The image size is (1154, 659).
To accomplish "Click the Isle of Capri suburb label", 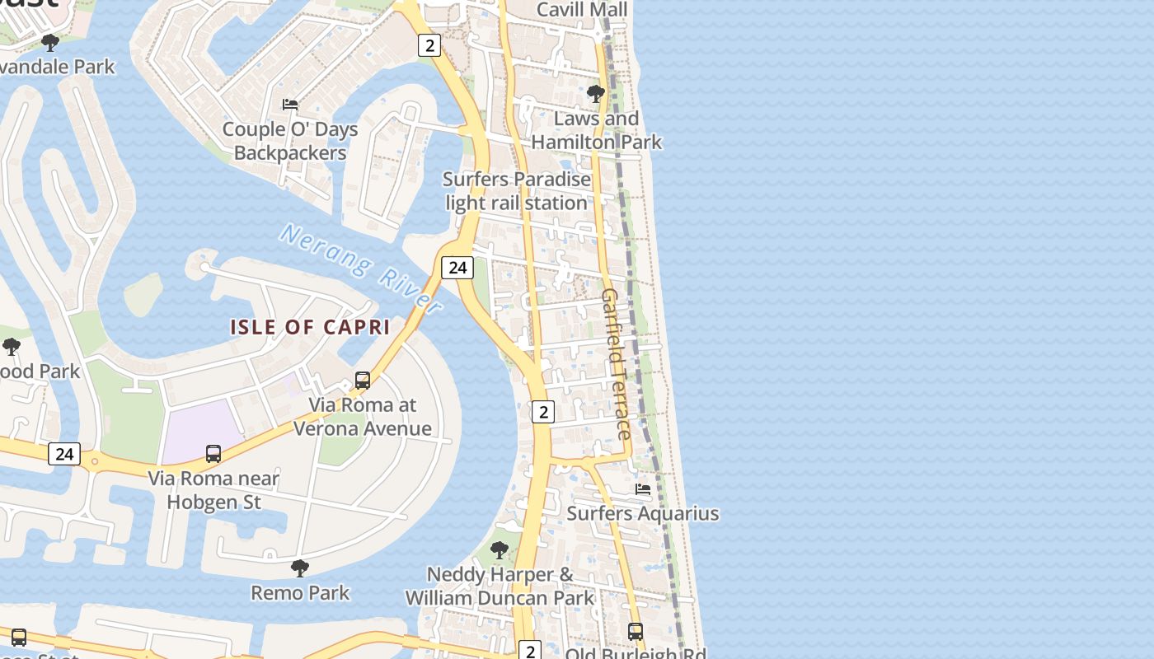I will tap(309, 327).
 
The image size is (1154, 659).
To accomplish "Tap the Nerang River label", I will tap(361, 268).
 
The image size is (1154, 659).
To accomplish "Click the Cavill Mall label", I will tap(582, 10).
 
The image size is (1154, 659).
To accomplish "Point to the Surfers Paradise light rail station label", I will tap(517, 191).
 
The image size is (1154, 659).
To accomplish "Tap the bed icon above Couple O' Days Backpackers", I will tap(290, 105).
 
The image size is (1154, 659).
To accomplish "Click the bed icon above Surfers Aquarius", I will tap(643, 489).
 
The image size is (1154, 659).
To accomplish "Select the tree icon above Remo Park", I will tap(300, 568).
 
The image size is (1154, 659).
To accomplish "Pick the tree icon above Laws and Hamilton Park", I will tap(596, 94).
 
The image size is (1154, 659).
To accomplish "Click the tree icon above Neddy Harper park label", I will tap(499, 550).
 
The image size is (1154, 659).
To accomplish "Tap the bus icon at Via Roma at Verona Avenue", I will tap(363, 381).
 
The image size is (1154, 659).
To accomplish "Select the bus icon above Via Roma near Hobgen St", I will tap(213, 454).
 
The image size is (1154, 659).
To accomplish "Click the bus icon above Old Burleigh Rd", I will tap(636, 632).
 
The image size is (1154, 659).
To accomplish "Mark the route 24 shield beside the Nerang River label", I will tap(457, 268).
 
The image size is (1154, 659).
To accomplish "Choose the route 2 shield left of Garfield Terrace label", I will tap(542, 412).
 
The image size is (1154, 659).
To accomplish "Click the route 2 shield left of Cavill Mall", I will tap(429, 45).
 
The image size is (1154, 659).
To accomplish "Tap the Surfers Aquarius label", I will tap(643, 514).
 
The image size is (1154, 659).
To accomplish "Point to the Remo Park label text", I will tap(300, 593).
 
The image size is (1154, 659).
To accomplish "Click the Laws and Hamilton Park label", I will tap(596, 130).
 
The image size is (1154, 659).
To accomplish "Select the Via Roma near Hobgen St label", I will tap(213, 490).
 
